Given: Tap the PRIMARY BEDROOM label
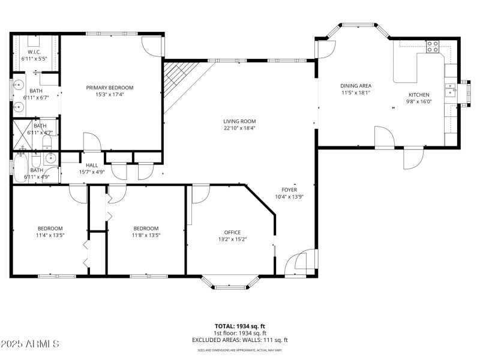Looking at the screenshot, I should pyautogui.click(x=109, y=88).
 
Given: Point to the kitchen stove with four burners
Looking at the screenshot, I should pyautogui.click(x=432, y=46).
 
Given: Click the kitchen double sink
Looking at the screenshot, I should pyautogui.click(x=450, y=91).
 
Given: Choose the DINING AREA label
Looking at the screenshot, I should pyautogui.click(x=356, y=86).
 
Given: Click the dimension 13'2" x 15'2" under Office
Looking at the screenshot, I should pyautogui.click(x=232, y=239).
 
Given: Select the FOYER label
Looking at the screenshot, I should pyautogui.click(x=290, y=190).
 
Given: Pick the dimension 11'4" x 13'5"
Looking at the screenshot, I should pyautogui.click(x=50, y=235).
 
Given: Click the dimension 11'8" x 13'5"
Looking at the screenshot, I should pyautogui.click(x=146, y=235).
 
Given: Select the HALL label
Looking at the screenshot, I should pyautogui.click(x=92, y=165).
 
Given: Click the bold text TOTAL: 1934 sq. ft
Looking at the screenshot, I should pyautogui.click(x=239, y=326).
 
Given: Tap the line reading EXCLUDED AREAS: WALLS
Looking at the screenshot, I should pyautogui.click(x=239, y=340).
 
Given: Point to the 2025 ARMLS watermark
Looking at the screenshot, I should pyautogui.click(x=30, y=344).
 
